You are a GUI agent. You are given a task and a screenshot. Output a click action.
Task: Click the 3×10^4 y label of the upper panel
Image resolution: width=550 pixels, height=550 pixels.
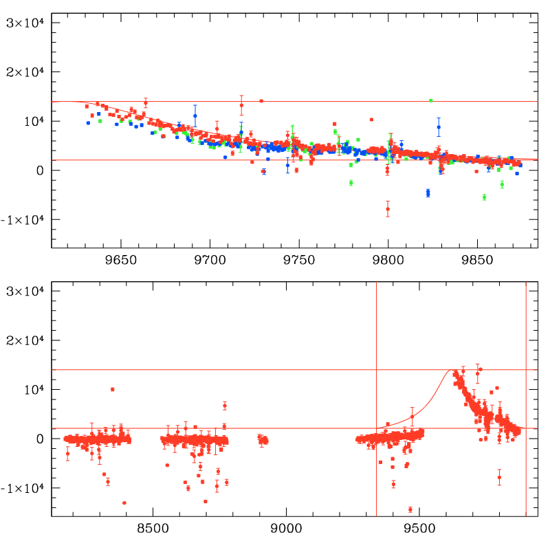click(x=25, y=23)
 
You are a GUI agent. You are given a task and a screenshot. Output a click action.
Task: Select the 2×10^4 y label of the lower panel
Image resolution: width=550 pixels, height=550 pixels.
click(x=25, y=340)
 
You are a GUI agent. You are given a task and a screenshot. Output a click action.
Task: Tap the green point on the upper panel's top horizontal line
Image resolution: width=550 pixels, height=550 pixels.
click(x=430, y=100)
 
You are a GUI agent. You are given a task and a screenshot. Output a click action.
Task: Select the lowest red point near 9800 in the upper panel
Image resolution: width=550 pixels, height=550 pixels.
click(x=388, y=208)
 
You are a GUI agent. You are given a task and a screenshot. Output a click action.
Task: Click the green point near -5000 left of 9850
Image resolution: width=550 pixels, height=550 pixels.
click(x=484, y=197)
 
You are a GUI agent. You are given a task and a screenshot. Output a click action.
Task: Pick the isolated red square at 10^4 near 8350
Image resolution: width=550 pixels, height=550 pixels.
click(x=113, y=389)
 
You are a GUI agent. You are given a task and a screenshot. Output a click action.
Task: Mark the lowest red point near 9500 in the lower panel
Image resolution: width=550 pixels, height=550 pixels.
click(x=410, y=509)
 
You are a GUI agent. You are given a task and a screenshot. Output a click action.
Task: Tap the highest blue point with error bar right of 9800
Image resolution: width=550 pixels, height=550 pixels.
click(x=439, y=127)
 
